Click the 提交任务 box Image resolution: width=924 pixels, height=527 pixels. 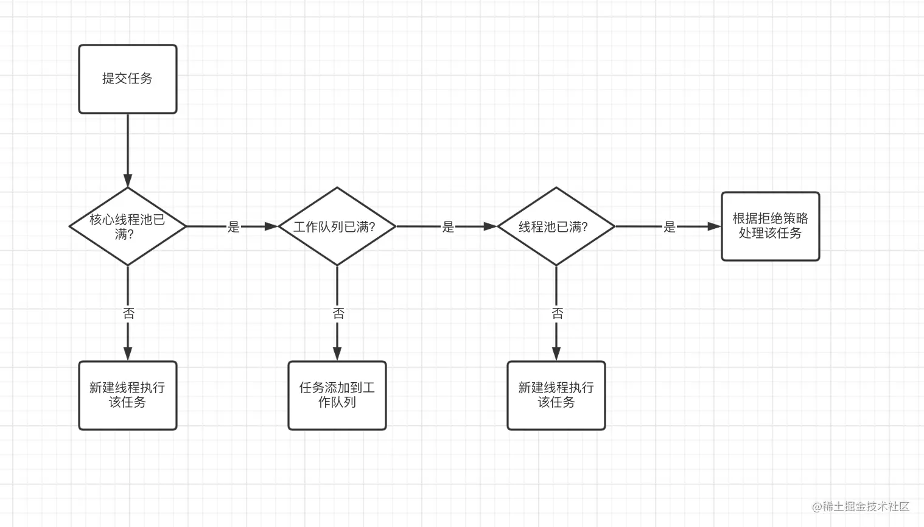[128, 79]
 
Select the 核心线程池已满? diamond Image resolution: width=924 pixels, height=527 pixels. [128, 226]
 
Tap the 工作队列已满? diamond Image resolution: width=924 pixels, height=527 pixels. [337, 226]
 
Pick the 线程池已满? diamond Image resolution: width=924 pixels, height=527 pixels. [556, 226]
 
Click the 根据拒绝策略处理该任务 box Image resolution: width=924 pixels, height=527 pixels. [770, 226]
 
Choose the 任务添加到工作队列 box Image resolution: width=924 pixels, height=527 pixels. [337, 396]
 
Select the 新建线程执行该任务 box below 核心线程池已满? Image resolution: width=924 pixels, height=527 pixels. [128, 396]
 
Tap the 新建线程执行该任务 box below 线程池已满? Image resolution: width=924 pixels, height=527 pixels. [556, 396]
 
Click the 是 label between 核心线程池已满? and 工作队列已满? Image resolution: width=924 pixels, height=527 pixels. [234, 227]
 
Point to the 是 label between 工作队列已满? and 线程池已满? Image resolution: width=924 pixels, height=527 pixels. [448, 227]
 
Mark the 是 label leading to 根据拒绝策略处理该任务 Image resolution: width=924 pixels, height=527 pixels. [669, 227]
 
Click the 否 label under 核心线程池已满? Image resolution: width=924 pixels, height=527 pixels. [128, 313]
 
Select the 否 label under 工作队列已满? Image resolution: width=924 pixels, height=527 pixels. [338, 313]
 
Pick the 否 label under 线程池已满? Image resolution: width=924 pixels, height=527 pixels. [558, 313]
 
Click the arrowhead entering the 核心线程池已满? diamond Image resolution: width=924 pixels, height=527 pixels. [128, 181]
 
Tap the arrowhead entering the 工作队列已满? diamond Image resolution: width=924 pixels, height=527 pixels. [271, 226]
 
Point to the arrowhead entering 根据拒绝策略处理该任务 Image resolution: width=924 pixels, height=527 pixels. [714, 226]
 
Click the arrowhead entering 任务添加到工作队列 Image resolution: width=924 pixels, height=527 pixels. [337, 354]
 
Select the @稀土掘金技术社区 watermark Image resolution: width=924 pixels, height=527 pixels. [861, 507]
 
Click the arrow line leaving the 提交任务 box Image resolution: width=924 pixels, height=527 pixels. [128, 150]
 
